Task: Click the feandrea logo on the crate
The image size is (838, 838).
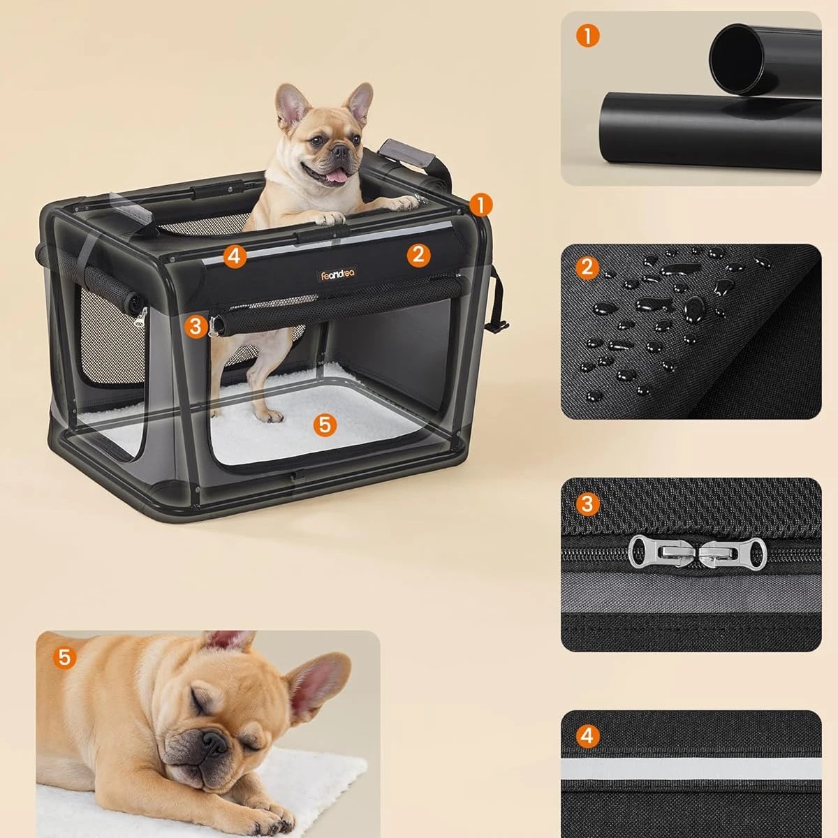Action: point(338,274)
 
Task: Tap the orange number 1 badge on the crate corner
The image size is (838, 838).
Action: point(480,205)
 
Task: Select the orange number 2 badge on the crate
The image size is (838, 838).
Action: point(418,254)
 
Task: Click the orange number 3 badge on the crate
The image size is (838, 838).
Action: point(196,326)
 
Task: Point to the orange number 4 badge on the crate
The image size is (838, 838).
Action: point(235,256)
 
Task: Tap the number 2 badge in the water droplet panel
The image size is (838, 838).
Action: point(587,267)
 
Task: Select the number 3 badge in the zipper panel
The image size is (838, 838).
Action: point(587,504)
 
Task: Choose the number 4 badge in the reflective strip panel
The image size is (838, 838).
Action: point(587,736)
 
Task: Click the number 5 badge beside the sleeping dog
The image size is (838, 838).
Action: point(64,657)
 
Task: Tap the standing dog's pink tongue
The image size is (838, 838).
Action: point(337,176)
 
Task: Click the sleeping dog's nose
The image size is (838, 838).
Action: point(214,742)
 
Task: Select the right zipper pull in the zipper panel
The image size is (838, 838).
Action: point(730,554)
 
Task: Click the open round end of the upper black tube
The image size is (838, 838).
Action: point(737,58)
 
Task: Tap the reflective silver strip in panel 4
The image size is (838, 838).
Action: point(691,769)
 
